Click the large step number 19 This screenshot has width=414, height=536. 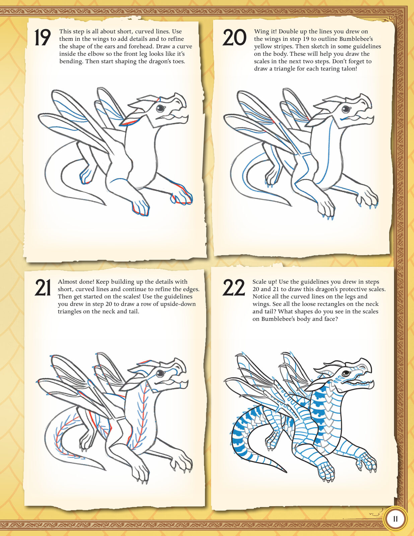(x=43, y=37)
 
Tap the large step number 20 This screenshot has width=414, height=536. (x=234, y=37)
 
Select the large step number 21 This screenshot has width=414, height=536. (x=43, y=288)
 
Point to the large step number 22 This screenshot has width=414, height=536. (x=233, y=288)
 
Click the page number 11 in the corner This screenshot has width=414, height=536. (x=395, y=519)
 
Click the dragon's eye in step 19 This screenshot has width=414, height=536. (x=160, y=108)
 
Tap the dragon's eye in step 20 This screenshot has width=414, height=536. (x=346, y=109)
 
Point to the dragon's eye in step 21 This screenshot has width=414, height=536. (x=160, y=373)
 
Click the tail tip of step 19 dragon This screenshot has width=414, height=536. (x=106, y=205)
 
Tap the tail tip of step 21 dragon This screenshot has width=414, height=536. (x=106, y=470)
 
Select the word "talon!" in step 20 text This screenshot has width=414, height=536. (x=348, y=69)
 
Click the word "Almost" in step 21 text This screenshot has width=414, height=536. (x=67, y=282)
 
